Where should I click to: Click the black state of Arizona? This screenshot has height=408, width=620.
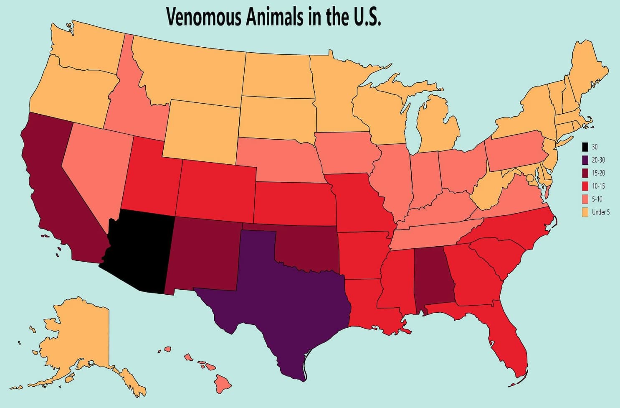click(140, 251)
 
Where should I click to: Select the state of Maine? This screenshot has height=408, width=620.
click(589, 71)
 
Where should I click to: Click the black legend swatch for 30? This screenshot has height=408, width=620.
click(585, 147)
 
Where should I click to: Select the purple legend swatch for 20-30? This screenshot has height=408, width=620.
click(585, 160)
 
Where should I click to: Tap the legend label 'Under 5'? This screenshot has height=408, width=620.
click(600, 212)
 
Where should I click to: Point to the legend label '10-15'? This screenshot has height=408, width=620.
click(598, 186)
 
